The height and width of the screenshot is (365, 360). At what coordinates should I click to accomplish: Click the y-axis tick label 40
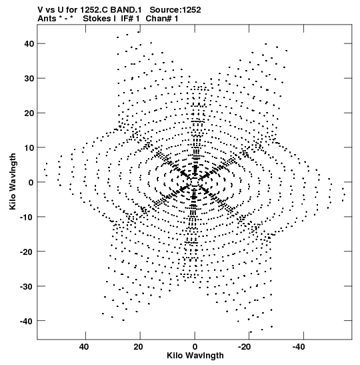(x=29, y=43)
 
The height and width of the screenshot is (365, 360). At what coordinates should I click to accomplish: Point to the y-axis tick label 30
(x=29, y=79)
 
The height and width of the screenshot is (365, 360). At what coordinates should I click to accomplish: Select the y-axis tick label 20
(x=29, y=113)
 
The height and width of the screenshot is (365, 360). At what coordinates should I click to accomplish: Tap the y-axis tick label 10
(x=29, y=147)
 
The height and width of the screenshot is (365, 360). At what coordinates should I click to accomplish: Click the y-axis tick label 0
(x=31, y=182)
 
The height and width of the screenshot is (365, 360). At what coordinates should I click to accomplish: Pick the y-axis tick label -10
(x=27, y=217)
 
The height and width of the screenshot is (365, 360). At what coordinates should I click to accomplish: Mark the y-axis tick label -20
(x=27, y=252)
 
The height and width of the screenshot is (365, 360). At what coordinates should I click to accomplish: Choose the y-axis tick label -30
(x=27, y=286)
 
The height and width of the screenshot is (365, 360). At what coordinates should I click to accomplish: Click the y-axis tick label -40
(x=27, y=321)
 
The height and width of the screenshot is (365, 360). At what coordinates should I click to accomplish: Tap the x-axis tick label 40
(x=84, y=347)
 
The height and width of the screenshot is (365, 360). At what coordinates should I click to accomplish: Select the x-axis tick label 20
(x=138, y=347)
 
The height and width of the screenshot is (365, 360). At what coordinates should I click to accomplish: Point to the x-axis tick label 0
(x=195, y=347)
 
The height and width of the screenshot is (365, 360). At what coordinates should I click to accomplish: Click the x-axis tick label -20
(x=245, y=347)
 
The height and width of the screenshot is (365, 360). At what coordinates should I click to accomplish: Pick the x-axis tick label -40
(x=299, y=347)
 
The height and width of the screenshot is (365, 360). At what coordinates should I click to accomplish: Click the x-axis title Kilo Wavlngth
(x=195, y=356)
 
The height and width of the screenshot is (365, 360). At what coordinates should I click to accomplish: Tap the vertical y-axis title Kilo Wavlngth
(x=13, y=181)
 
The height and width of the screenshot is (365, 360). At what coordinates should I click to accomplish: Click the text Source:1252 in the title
(x=175, y=10)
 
